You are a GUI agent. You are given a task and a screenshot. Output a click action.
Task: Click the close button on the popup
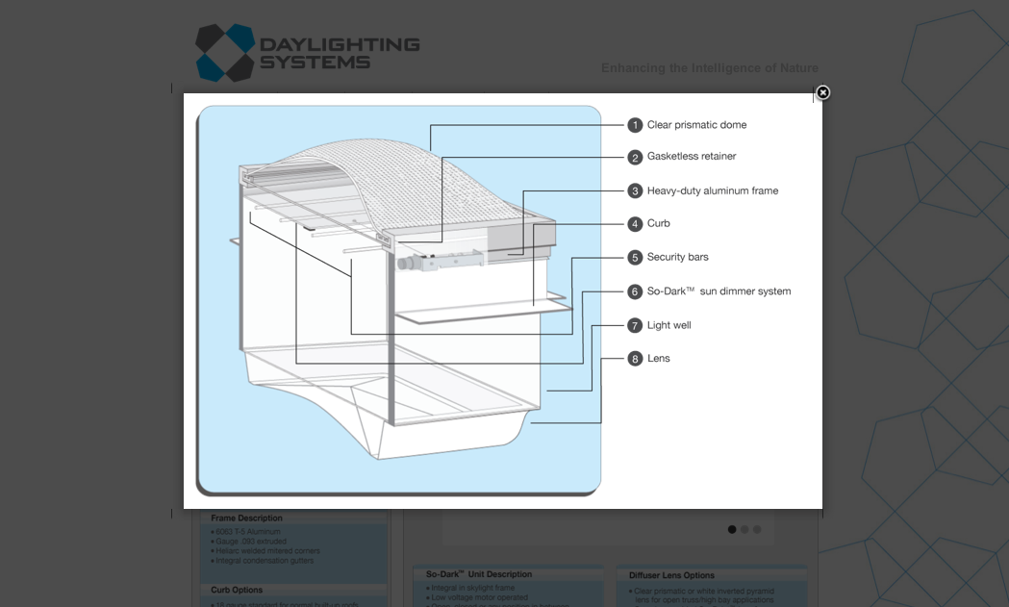pyautogui.click(x=822, y=92)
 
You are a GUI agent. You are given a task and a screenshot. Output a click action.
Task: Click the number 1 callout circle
pyautogui.click(x=635, y=125)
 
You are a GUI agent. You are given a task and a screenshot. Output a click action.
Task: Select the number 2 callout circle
pyautogui.click(x=635, y=157)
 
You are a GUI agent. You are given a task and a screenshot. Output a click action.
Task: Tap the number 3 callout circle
pyautogui.click(x=635, y=190)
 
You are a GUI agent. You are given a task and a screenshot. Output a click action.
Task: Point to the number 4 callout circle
pyautogui.click(x=635, y=224)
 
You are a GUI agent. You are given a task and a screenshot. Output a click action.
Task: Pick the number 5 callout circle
pyautogui.click(x=635, y=258)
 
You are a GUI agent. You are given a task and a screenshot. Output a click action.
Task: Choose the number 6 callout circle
pyautogui.click(x=635, y=291)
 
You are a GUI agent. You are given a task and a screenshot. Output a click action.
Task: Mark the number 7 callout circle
pyautogui.click(x=635, y=325)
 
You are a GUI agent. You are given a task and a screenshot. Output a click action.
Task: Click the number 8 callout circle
pyautogui.click(x=635, y=359)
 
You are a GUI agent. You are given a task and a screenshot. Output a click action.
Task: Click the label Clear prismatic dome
pyautogui.click(x=696, y=125)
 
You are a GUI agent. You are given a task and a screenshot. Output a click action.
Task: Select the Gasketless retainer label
pyautogui.click(x=692, y=157)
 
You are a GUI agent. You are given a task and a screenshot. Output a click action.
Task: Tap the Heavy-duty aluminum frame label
pyautogui.click(x=713, y=190)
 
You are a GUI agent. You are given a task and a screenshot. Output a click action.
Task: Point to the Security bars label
pyautogui.click(x=678, y=258)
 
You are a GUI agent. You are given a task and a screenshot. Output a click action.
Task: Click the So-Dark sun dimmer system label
pyautogui.click(x=719, y=291)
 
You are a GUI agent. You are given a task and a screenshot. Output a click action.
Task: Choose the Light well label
pyautogui.click(x=668, y=325)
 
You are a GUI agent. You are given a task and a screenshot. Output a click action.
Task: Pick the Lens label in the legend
pyautogui.click(x=659, y=359)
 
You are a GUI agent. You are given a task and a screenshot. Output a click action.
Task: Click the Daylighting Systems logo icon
pyautogui.click(x=225, y=53)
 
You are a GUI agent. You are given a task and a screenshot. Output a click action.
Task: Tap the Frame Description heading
pyautogui.click(x=247, y=518)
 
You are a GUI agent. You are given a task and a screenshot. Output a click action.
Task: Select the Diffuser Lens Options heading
pyautogui.click(x=671, y=575)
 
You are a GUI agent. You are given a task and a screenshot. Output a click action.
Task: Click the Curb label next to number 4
pyautogui.click(x=659, y=224)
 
